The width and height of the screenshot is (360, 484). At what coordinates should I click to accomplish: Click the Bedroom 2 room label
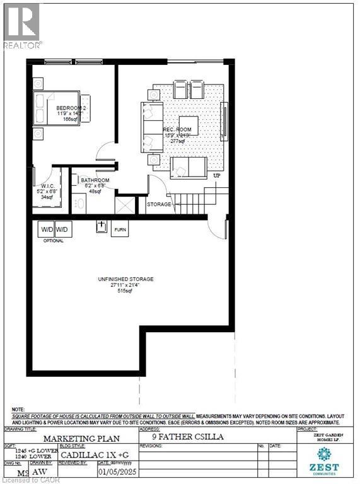coord(62,108)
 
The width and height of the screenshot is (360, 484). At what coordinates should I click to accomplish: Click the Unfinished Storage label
coord(126,279)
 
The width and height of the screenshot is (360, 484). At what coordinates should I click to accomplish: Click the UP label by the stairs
coord(218,175)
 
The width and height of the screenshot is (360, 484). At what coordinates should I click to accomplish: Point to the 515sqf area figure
coord(126,291)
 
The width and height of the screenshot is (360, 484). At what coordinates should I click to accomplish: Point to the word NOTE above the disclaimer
coord(18,410)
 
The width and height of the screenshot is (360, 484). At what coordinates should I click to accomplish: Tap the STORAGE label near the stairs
coord(159,205)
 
